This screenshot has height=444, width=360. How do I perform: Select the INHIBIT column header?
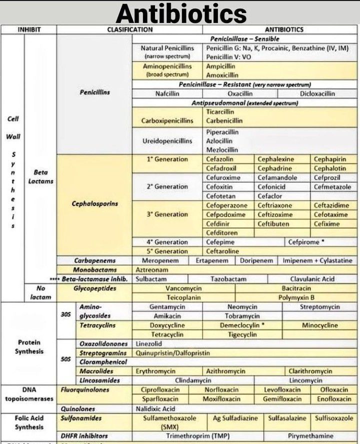coord(29,29)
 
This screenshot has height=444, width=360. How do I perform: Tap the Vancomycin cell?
coord(183,288)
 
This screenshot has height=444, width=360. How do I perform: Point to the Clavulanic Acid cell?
coord(312,279)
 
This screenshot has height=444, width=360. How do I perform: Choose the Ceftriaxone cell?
coord(275,205)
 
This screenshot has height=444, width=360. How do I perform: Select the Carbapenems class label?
coord(95,261)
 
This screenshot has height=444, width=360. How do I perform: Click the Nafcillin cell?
coord(164,93)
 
